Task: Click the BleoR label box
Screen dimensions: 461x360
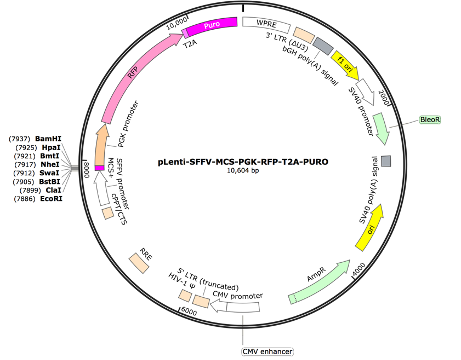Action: pos(429,119)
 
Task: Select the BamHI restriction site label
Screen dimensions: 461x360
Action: pos(48,137)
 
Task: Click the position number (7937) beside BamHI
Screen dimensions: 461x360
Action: pos(19,137)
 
